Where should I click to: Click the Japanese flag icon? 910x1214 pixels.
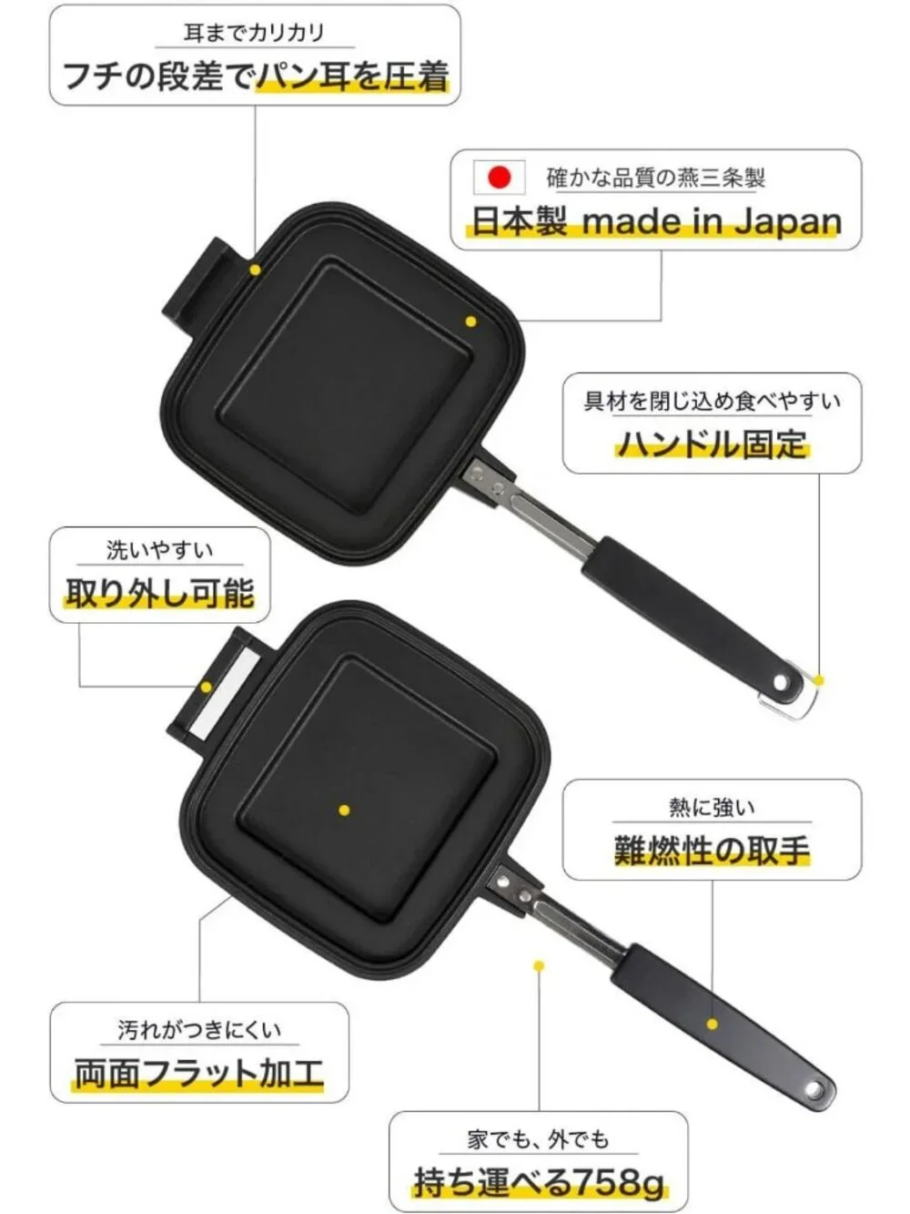(499, 178)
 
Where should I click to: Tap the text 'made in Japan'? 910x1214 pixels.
(712, 222)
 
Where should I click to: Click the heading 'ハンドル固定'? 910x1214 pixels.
(712, 444)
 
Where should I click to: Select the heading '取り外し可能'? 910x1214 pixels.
(159, 593)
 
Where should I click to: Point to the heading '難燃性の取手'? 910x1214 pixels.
(712, 851)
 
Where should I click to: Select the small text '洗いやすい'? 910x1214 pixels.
(159, 550)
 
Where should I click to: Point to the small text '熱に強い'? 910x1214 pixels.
(712, 808)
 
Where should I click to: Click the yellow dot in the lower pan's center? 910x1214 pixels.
(344, 811)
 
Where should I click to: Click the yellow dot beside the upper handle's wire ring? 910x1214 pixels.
(819, 681)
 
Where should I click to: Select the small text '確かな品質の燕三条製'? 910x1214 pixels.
(655, 178)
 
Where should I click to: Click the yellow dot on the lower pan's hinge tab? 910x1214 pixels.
(206, 688)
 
